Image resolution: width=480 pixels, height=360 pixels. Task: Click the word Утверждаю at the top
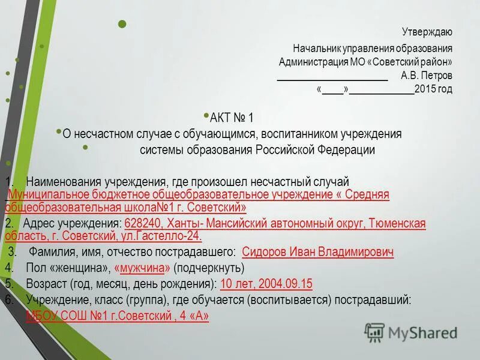point(427,32)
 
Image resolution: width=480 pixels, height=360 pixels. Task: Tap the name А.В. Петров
point(427,76)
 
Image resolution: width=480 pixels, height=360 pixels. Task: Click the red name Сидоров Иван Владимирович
point(317,252)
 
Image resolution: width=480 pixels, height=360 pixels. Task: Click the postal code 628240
point(140,224)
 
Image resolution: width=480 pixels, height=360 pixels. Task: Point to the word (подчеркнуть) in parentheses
point(209,268)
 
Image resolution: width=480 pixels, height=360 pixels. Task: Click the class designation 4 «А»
point(196,316)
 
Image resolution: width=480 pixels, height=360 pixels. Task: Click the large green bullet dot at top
point(122,24)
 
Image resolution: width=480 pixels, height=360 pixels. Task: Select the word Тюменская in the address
point(398,224)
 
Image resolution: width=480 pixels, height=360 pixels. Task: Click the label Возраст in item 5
point(46,284)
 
